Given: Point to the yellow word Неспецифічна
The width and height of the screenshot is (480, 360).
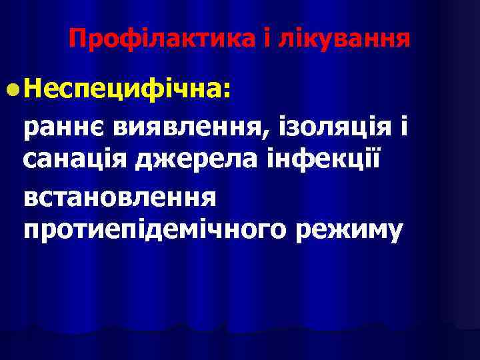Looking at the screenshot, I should click(124, 88).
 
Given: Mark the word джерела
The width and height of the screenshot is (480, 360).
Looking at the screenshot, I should click(187, 161).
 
